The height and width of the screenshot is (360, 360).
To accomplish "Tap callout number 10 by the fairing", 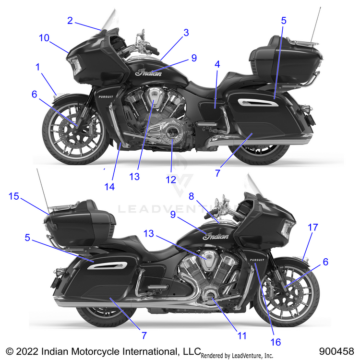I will pos(44,38).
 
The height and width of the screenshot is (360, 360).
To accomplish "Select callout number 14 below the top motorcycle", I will pos(110,187).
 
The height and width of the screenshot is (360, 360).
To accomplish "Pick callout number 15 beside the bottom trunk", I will pos(14,197).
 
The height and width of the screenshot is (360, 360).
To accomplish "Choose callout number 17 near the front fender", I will pos(313,228).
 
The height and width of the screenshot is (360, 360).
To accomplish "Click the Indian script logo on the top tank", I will pos(149,72).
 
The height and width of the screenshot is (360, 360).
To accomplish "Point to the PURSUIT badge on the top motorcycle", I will pos(106,96).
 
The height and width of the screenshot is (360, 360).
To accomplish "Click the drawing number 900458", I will pos(339,351).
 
